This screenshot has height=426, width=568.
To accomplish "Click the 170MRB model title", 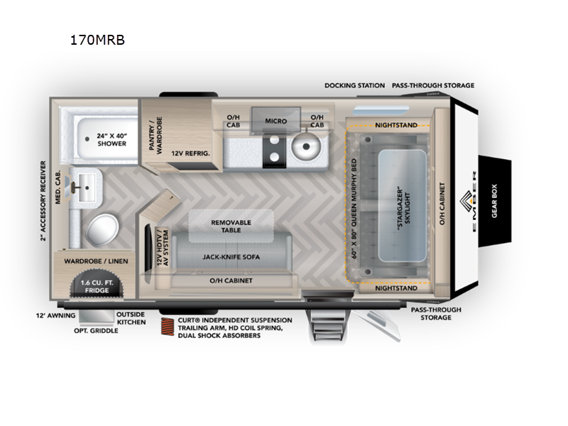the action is tap(97, 40).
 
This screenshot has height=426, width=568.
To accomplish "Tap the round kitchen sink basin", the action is tap(306, 147).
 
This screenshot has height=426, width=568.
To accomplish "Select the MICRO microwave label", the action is tap(275, 121).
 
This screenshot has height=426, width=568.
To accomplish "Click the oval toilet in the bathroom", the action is tap(102, 229).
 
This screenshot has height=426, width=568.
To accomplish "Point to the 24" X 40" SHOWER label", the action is tap(112, 139).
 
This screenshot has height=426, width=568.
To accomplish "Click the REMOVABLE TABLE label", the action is tap(231, 226).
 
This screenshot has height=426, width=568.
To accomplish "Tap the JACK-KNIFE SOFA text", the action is tap(231, 257).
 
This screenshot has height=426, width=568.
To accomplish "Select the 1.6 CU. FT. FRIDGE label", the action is tap(97, 286).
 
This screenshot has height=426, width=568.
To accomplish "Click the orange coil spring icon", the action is tap(167, 327).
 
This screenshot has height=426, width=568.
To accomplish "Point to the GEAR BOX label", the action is tap(494, 201).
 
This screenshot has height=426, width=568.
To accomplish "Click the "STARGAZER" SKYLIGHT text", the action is tap(403, 205).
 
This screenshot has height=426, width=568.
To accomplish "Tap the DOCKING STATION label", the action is tap(354, 85).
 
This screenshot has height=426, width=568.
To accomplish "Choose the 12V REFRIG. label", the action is tap(190, 153).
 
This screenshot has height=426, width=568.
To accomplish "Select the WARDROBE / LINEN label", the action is tap(96, 261).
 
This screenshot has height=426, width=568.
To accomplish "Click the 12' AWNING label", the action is tap(56, 315).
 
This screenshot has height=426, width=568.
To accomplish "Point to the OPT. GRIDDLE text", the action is tap(96, 330).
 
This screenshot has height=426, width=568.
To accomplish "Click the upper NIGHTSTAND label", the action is tap(396, 125).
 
